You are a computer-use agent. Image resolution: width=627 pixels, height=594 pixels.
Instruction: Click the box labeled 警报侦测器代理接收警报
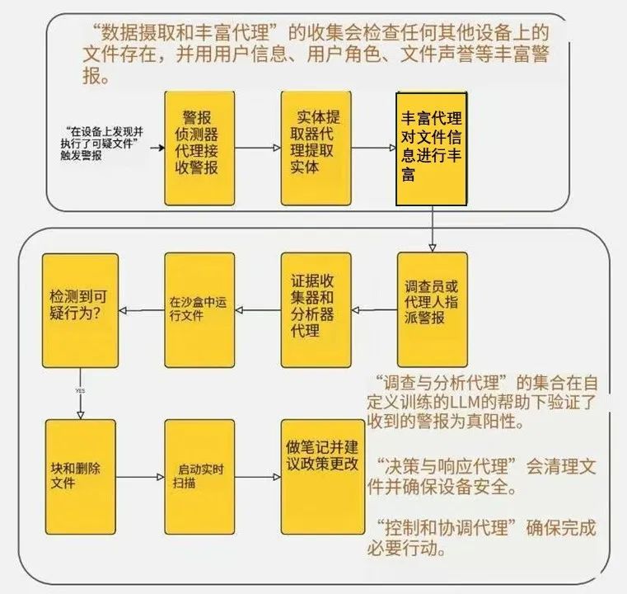199,148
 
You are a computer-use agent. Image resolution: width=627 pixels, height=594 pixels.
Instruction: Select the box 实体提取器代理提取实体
316,148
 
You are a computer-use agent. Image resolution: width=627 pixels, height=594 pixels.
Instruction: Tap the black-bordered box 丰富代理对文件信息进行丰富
432,148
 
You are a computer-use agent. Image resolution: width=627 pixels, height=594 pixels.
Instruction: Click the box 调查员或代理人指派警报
433,309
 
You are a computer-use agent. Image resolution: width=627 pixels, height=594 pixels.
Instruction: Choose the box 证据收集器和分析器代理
316,310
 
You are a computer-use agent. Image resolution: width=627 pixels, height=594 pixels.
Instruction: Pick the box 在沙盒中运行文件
199,310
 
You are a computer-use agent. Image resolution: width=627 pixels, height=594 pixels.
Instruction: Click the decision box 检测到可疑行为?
81,310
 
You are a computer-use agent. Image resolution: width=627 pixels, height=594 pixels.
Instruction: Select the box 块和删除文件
81,477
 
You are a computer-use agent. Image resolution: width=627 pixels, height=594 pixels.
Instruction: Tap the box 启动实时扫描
199,477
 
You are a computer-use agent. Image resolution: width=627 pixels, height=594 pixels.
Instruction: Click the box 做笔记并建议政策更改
323,477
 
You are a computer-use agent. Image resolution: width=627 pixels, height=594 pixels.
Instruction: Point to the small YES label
80,390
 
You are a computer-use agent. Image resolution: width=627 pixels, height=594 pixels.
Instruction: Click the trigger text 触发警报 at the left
82,155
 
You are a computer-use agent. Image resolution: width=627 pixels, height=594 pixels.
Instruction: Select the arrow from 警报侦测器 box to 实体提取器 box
258,148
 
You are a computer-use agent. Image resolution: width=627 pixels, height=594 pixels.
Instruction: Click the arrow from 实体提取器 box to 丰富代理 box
373,148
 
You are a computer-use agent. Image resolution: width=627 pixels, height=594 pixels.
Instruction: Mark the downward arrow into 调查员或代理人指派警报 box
432,229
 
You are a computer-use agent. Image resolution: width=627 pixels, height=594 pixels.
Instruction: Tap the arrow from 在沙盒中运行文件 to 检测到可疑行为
142,310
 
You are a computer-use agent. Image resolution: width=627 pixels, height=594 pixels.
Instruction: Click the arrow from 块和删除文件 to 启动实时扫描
140,477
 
